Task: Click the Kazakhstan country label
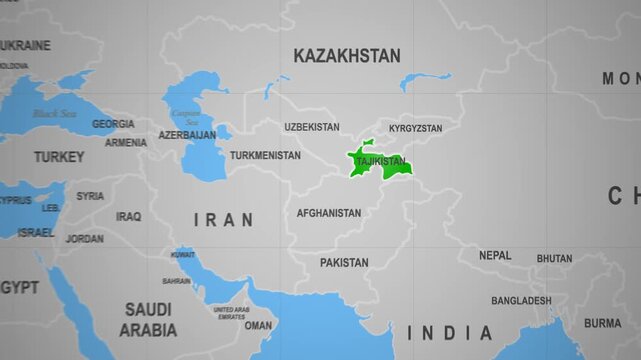(346, 56)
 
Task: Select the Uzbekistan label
(311, 127)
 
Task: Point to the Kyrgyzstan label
(415, 128)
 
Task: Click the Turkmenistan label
(265, 155)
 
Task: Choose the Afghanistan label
(328, 213)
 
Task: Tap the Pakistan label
(344, 262)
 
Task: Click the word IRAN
(223, 219)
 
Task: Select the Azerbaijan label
(187, 134)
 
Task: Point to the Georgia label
(113, 124)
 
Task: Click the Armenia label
(126, 142)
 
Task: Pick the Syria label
(90, 196)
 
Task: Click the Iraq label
(128, 216)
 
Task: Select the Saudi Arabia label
(148, 319)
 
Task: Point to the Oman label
(258, 325)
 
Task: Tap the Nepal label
(494, 255)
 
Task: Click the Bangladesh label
(521, 300)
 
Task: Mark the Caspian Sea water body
(204, 140)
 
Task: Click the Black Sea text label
(54, 114)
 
